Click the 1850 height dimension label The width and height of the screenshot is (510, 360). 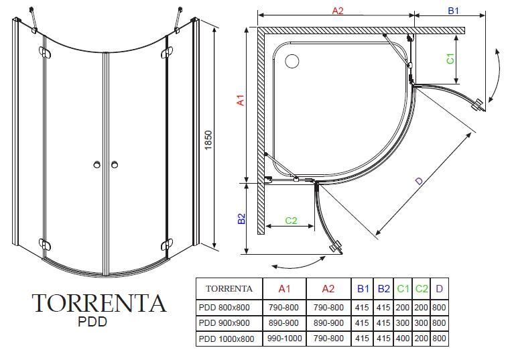coord(208,140)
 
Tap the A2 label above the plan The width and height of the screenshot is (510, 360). coord(338,11)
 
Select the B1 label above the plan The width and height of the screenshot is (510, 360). coord(454,11)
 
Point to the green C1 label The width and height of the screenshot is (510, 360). coord(450,58)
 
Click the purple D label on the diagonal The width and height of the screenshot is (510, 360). coord(419,180)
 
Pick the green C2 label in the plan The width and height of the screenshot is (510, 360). coord(291,221)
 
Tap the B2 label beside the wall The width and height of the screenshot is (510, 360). coord(241,219)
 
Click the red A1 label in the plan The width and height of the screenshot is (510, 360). coord(241,100)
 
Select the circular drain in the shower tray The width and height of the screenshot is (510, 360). coord(292,61)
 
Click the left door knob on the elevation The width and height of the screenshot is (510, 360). coord(97,164)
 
